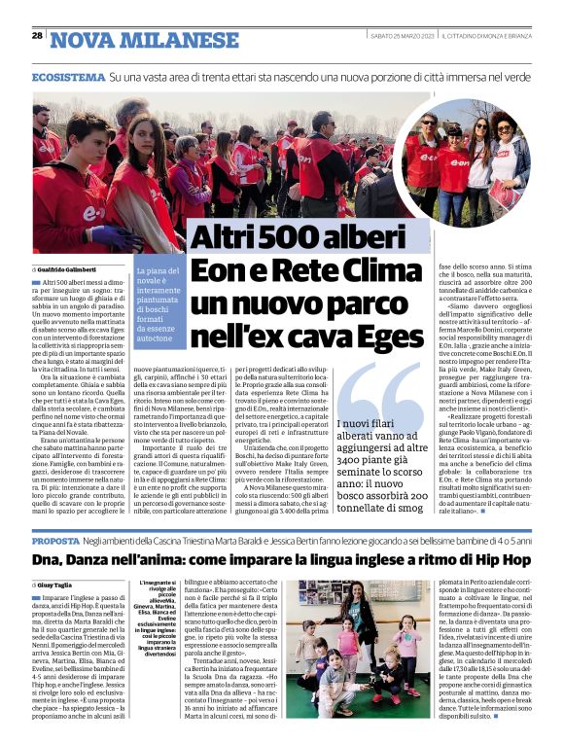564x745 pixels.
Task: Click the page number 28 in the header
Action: tap(37, 36)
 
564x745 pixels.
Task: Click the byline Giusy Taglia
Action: tap(60, 585)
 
